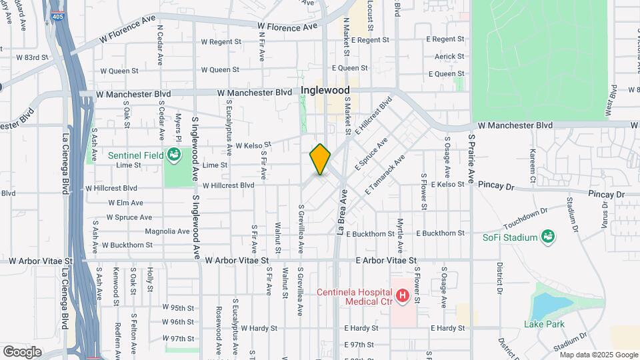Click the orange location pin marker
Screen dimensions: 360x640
[320, 159]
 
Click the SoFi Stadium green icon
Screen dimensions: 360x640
[547, 237]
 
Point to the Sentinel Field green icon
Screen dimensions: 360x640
[175, 155]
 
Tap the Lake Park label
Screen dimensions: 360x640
[544, 324]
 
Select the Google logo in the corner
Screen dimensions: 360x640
[22, 351]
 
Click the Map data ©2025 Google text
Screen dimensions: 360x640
[595, 355]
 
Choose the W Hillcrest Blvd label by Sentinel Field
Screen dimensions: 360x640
[229, 185]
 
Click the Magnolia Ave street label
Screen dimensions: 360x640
[167, 231]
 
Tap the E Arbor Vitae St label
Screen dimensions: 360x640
[386, 261]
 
